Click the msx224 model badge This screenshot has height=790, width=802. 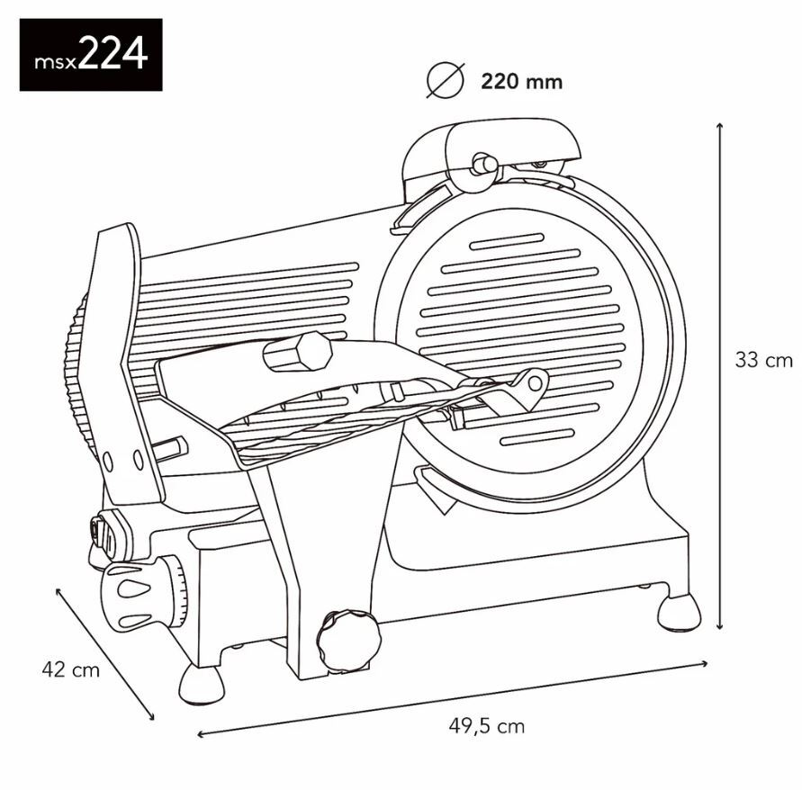pos(91,55)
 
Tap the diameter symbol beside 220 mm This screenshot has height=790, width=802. pos(446,80)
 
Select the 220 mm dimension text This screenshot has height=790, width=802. pos(521,81)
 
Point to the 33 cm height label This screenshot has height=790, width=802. pos(763,360)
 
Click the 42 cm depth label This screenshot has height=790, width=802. pos(70,669)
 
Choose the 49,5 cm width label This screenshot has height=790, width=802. pos(486,726)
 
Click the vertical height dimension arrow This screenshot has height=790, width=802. pos(720,376)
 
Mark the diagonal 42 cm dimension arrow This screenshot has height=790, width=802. pos(104,654)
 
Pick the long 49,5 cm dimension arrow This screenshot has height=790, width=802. pos(453,699)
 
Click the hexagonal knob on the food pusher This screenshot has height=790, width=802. pos(299,352)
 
